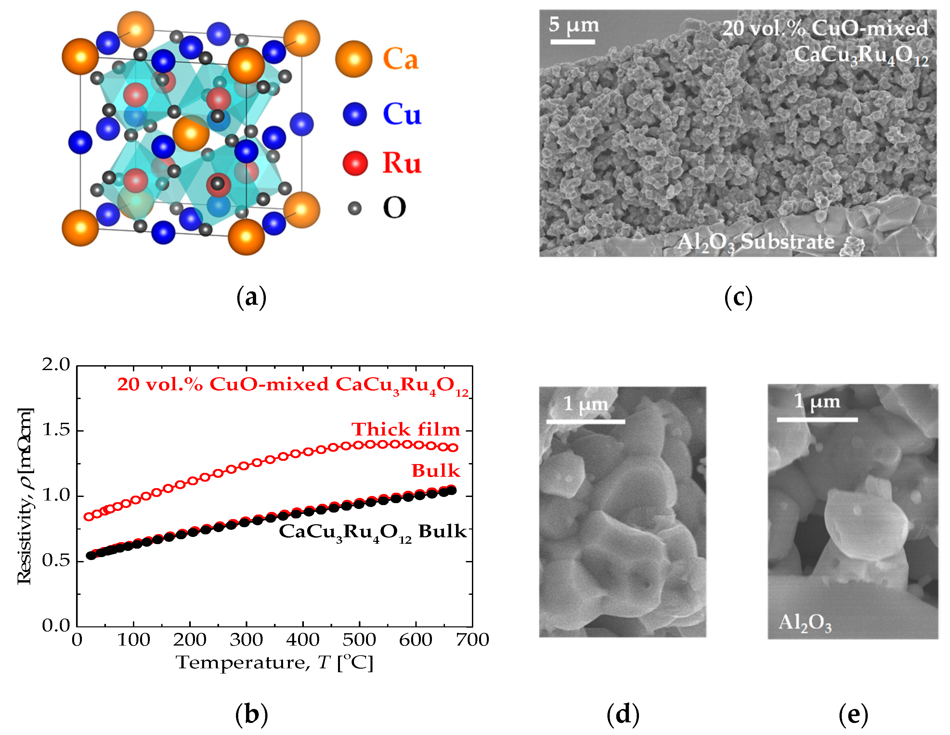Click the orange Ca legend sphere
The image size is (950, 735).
354,59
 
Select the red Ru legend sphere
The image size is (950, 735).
355,163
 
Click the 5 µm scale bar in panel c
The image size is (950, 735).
572,42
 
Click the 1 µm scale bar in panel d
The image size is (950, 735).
585,421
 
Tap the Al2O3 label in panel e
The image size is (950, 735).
805,623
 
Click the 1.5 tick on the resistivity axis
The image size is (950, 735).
56,430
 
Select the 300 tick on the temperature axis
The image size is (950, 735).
246,640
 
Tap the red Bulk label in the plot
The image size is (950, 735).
436,470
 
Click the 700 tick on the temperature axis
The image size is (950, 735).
472,640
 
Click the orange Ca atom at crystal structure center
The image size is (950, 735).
191,133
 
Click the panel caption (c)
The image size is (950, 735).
738,297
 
